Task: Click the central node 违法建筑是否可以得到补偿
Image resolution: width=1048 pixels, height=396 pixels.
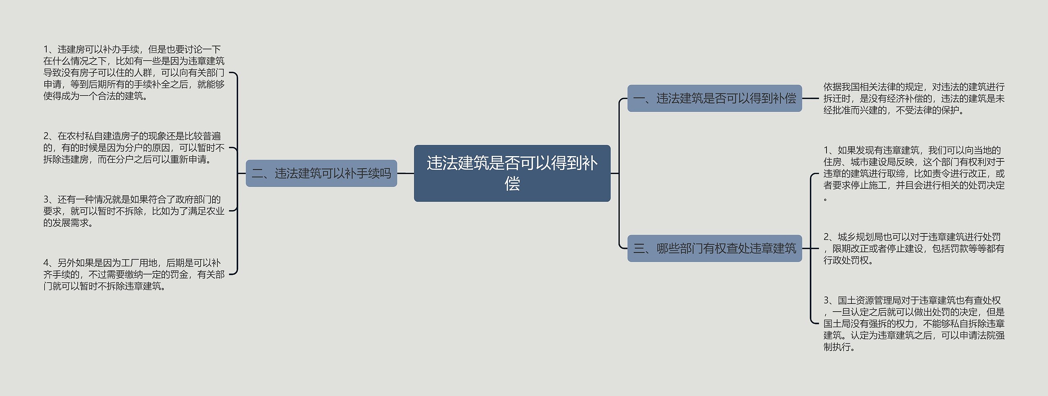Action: pyautogui.click(x=512, y=173)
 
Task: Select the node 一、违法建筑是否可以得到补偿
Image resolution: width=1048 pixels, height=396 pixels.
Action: pyautogui.click(x=714, y=98)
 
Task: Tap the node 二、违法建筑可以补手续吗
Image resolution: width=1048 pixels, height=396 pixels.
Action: pyautogui.click(x=321, y=173)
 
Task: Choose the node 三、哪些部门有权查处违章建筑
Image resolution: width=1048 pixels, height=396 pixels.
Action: pyautogui.click(x=714, y=248)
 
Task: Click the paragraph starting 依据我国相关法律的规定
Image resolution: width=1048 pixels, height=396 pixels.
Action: pyautogui.click(x=914, y=98)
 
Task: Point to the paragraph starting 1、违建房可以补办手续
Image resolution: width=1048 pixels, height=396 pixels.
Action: pyautogui.click(x=134, y=72)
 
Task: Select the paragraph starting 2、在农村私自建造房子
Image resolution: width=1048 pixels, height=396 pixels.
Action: pyautogui.click(x=134, y=147)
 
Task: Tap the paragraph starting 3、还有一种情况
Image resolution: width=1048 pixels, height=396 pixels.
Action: pyautogui.click(x=134, y=211)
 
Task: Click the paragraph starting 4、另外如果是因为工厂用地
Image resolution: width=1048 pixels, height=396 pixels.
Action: pyautogui.click(x=134, y=274)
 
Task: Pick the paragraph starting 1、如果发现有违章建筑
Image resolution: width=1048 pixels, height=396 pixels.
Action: pyautogui.click(x=914, y=174)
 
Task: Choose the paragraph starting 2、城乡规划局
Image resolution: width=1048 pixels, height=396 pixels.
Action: pyautogui.click(x=914, y=248)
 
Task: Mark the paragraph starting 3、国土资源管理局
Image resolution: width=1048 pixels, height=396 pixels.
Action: pyautogui.click(x=914, y=324)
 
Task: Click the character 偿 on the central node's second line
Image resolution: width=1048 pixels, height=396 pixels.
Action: pyautogui.click(x=512, y=183)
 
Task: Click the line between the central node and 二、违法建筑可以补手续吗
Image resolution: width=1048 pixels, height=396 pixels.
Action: pyautogui.click(x=406, y=173)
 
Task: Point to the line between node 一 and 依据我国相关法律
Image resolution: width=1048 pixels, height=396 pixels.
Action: pyautogui.click(x=811, y=98)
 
